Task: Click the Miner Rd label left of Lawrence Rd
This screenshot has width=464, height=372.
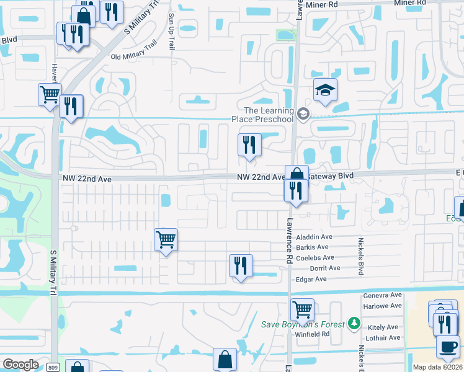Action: click(x=324, y=4)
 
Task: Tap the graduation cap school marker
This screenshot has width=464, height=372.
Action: click(x=325, y=91)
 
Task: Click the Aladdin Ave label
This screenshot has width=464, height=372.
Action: click(x=315, y=237)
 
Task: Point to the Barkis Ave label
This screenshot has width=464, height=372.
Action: click(x=313, y=247)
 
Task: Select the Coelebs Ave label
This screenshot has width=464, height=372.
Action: click(x=315, y=257)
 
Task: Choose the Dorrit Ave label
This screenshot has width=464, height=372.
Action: click(x=326, y=268)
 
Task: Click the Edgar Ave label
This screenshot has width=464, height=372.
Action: click(x=312, y=279)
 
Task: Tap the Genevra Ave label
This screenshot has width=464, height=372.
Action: click(x=381, y=296)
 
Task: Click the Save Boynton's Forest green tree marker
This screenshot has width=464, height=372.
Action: click(x=354, y=323)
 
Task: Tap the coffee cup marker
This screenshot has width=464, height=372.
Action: click(x=448, y=346)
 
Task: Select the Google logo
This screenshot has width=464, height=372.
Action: click(x=20, y=365)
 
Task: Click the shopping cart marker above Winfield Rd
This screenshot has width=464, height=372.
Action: click(x=302, y=308)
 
